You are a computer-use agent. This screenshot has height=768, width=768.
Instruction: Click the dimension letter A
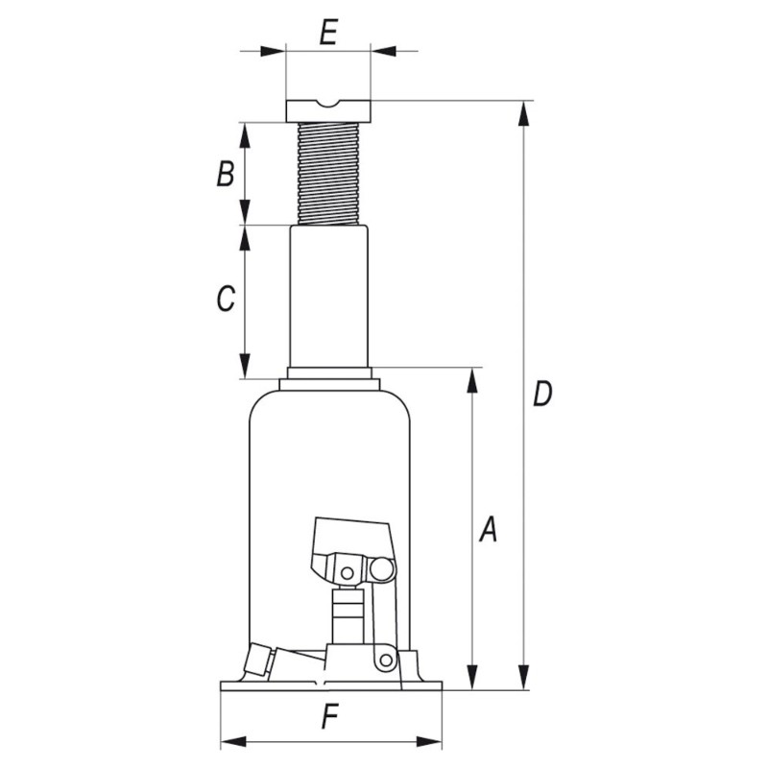coord(489,529)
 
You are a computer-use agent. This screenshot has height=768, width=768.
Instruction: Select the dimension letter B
coord(225,175)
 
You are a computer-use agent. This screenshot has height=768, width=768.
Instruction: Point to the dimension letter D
coord(542,395)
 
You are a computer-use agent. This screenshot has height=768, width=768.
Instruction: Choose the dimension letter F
coord(330,715)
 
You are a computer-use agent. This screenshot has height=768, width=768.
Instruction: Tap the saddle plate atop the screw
coord(327,111)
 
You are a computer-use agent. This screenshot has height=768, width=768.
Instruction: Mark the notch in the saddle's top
coord(327,105)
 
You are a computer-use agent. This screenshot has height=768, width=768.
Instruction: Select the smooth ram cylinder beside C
coord(329,298)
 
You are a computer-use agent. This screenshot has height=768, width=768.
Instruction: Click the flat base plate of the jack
coord(331,685)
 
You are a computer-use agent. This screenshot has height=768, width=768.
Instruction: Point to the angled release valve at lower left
coord(259,660)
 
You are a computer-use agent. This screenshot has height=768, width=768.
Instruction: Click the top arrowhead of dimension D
coord(523,111)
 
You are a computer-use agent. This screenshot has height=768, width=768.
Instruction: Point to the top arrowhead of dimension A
coord(471,379)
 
